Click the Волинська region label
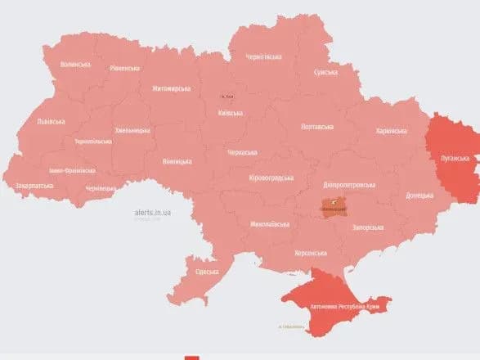(76, 64)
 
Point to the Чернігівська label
(264, 56)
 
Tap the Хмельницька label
(131, 130)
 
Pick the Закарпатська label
(34, 186)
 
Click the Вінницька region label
(177, 160)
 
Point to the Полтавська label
(317, 127)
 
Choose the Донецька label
(421, 196)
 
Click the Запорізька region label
(366, 227)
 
